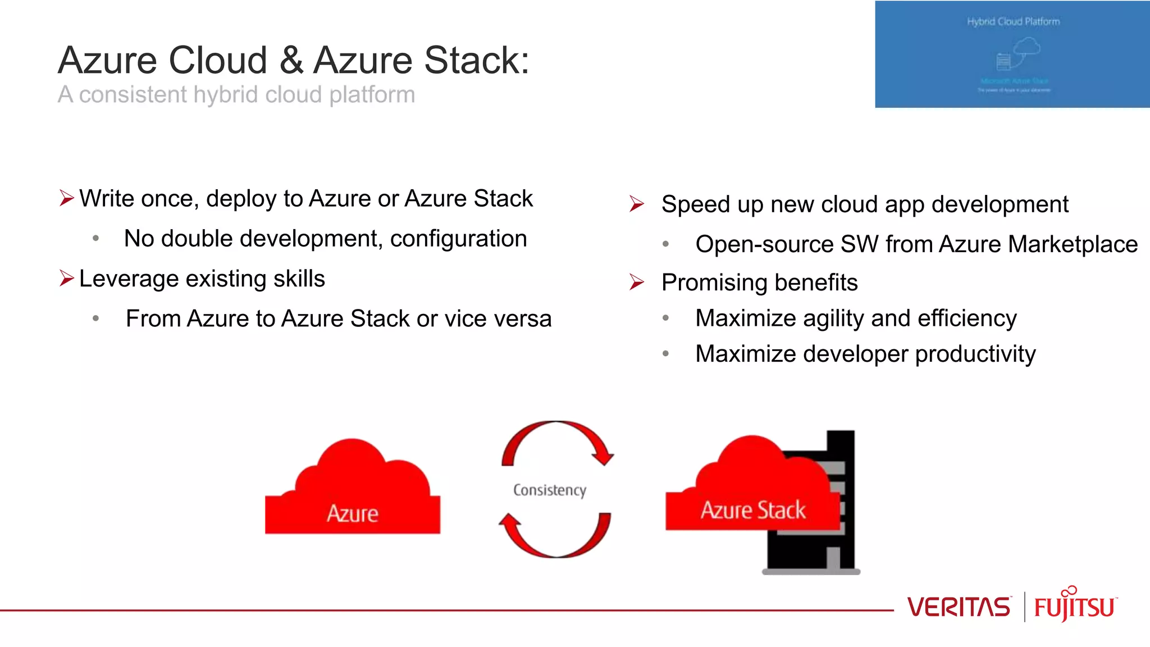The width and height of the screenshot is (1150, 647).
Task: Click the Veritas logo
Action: [x=958, y=607]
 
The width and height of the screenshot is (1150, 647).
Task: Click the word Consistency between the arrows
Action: [x=549, y=490]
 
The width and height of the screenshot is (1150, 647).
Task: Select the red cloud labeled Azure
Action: [x=353, y=494]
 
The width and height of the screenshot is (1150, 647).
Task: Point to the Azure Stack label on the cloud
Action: [x=752, y=510]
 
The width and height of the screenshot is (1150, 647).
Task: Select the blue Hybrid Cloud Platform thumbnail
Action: [x=1012, y=54]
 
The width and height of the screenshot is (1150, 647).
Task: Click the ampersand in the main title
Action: [x=291, y=60]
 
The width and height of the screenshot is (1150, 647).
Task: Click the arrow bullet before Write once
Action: [x=66, y=198]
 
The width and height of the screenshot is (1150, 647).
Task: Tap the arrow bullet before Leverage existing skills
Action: [x=66, y=278]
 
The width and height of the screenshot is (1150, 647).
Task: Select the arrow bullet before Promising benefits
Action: [x=636, y=282]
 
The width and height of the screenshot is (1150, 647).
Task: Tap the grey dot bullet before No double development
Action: [x=96, y=239]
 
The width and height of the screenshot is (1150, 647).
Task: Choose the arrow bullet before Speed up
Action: [x=636, y=204]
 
